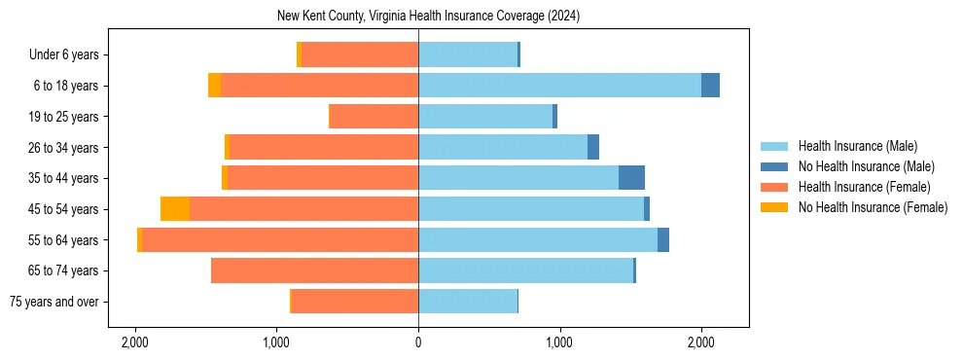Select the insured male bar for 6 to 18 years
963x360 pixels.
point(559,86)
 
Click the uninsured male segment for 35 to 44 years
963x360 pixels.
point(631,178)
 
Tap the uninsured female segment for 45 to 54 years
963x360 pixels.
point(175,209)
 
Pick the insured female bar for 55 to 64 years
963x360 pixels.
point(280,240)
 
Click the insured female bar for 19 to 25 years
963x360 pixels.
point(374,117)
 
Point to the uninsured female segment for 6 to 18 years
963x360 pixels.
point(214,86)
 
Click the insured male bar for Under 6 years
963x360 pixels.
point(468,54)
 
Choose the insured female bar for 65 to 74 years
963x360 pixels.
point(314,270)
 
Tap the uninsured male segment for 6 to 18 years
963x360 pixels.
point(710,86)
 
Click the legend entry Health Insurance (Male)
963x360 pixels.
point(857,146)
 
